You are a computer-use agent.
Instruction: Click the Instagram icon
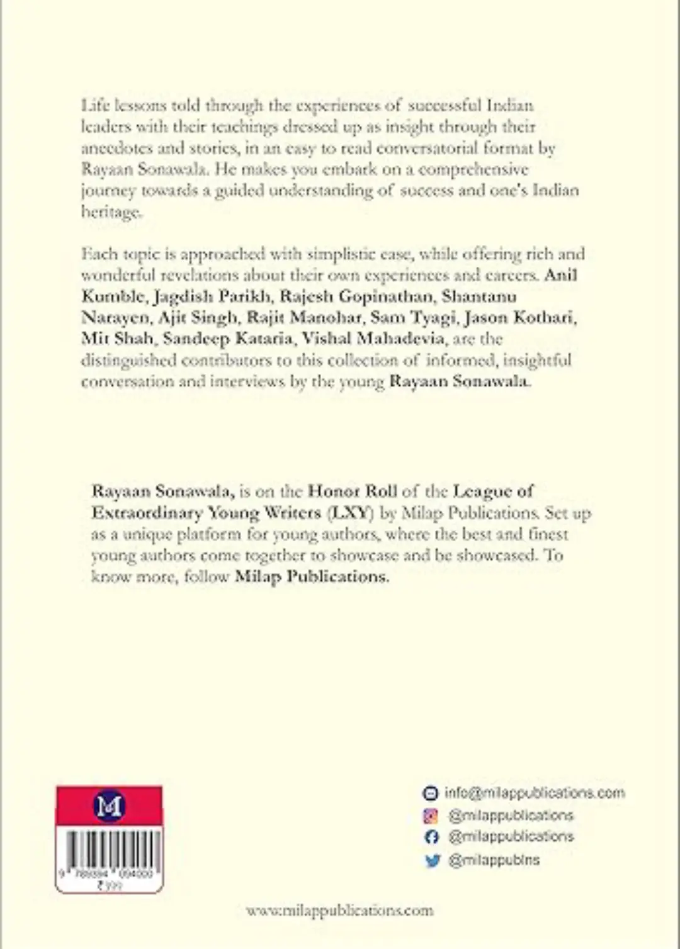(431, 816)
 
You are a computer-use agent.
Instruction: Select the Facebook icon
(431, 837)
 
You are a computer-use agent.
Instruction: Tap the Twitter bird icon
(432, 860)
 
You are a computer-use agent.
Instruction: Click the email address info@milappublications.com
(535, 793)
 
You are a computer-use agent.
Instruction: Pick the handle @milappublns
(494, 860)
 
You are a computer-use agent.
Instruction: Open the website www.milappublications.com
(339, 911)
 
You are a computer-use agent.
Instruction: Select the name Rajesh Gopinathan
(356, 296)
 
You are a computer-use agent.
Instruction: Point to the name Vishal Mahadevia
(373, 339)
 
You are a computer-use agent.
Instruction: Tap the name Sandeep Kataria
(228, 339)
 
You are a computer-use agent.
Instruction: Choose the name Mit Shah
(117, 339)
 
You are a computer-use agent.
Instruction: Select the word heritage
(111, 212)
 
